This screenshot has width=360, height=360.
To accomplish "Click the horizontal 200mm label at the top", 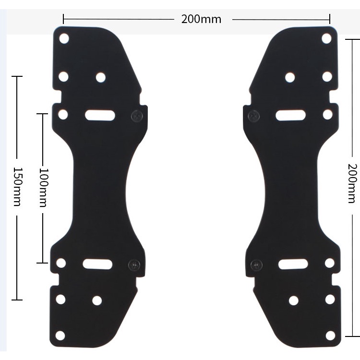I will coord(201,19).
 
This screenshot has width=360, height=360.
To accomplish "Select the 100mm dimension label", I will coord(43,187).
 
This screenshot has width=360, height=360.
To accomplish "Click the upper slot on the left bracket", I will coord(100,115).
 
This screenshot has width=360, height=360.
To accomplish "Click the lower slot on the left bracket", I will coord(97,264).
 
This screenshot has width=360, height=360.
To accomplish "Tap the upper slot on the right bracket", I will coord(291,115).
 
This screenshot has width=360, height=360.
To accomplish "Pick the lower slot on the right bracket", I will coord(293,264).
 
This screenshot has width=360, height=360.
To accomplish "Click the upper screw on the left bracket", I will coord(138,115).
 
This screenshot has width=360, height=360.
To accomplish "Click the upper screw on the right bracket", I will coord(253,116).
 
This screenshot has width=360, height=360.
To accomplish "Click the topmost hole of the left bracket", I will coord(64,38).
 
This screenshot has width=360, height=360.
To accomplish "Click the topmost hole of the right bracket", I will coord(327,38).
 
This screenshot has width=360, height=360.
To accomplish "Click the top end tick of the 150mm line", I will coord(17,76).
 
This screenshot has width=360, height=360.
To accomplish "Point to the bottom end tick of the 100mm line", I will coord(43,263).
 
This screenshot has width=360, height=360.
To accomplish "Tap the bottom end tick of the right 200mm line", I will coord(352,336).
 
